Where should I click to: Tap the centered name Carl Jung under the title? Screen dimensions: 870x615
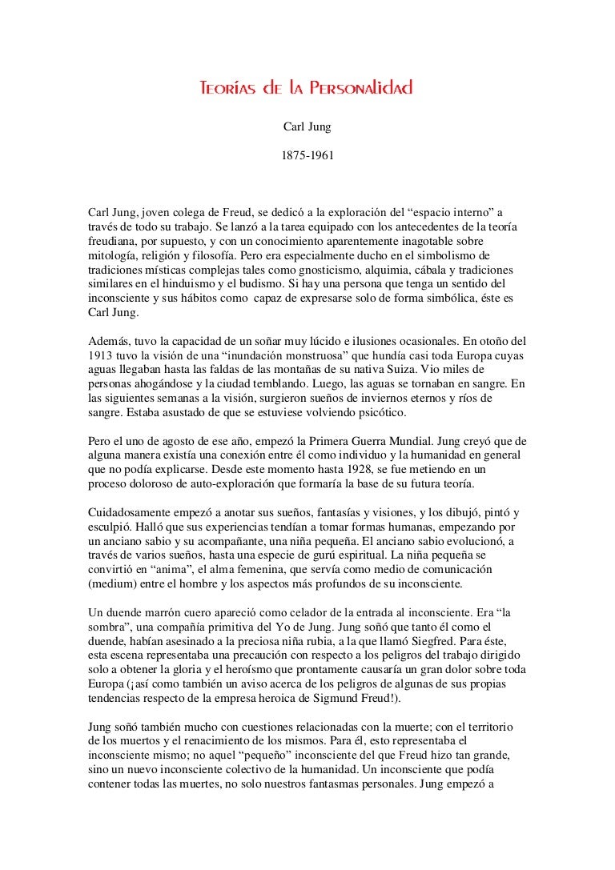coord(307,126)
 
